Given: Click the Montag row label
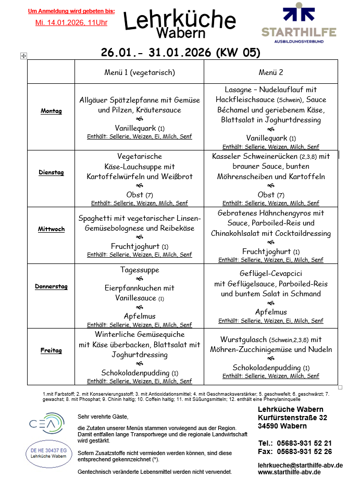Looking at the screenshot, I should (x=51, y=111).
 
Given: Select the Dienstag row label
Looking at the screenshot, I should (x=51, y=172).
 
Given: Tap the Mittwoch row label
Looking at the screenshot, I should (x=51, y=229).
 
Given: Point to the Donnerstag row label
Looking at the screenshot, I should (x=51, y=286).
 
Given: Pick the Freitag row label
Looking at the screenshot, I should (x=51, y=350).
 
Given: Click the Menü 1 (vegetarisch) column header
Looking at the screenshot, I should (x=140, y=72).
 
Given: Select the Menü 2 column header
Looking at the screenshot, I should (x=271, y=72).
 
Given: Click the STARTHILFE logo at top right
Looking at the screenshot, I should (x=299, y=23).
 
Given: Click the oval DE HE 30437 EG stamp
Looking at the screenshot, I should (x=48, y=453).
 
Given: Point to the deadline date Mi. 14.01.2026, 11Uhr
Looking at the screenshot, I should (x=71, y=23).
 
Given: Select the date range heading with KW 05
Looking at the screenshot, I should (x=180, y=53).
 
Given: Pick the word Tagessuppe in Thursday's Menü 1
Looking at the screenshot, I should (x=140, y=270).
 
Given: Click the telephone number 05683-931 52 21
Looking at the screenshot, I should (x=304, y=443).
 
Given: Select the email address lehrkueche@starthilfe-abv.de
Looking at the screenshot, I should (x=300, y=465).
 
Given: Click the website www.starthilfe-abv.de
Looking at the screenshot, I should (x=289, y=472).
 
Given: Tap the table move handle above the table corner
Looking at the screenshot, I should (x=23, y=56).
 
